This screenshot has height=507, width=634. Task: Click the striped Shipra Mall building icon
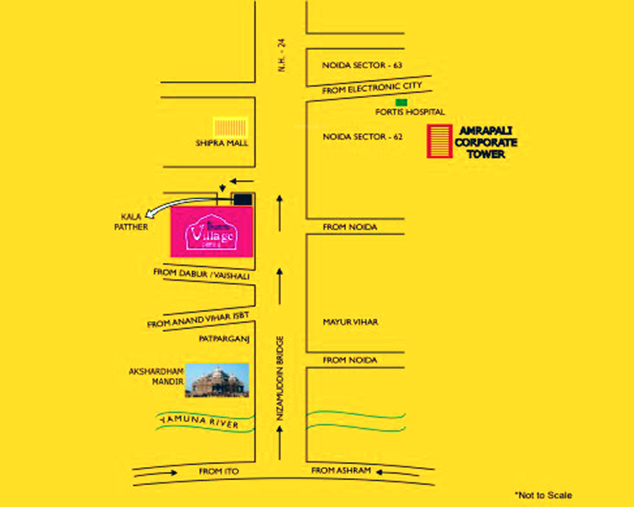pos(229,127)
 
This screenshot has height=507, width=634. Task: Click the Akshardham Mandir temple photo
pos(217,380)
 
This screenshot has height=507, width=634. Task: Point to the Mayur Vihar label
pos(350,322)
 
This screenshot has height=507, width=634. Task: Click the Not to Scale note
pos(548,494)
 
